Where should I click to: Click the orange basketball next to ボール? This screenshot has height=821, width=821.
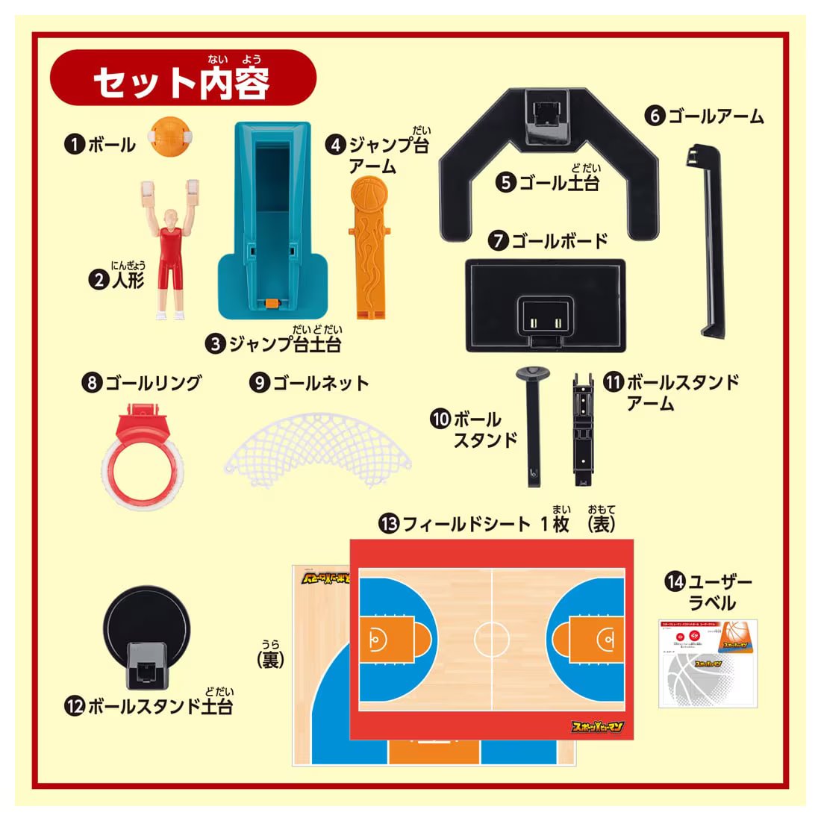click(171, 137)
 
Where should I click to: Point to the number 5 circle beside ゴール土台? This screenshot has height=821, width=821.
click(507, 181)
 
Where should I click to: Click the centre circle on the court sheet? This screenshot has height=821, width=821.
click(492, 637)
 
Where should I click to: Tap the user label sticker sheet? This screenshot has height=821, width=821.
click(708, 663)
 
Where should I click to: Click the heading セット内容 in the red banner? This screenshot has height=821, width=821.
click(181, 83)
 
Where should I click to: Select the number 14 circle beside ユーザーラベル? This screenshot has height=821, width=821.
click(675, 581)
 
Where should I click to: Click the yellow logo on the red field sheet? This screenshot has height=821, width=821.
click(596, 726)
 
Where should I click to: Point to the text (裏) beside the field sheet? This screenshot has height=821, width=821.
click(270, 659)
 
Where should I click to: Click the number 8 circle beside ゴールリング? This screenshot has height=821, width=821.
click(92, 383)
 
